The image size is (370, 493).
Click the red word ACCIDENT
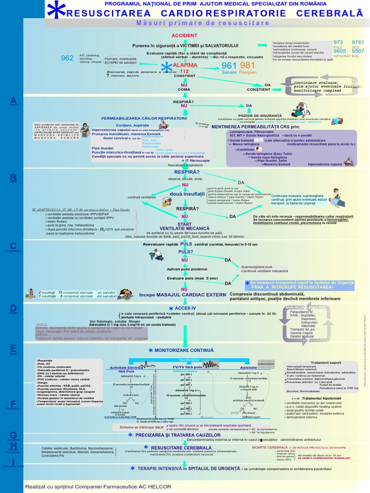point(185,36)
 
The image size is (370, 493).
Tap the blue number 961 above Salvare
point(229,65)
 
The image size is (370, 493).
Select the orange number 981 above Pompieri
point(247,65)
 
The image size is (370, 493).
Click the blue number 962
point(67,59)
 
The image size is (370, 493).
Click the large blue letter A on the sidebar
point(13,100)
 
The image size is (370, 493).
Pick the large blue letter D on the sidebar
point(13,308)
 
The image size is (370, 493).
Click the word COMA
point(184,90)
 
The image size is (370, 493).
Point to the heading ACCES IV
point(185,308)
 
